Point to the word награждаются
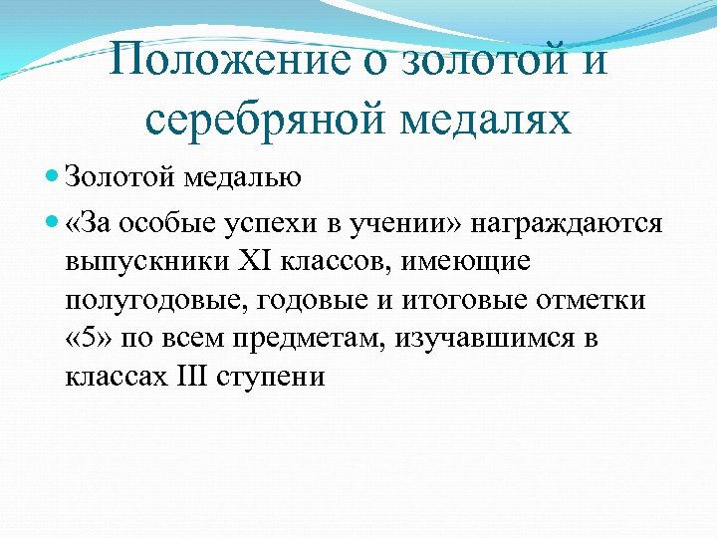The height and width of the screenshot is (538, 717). [567, 223]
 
